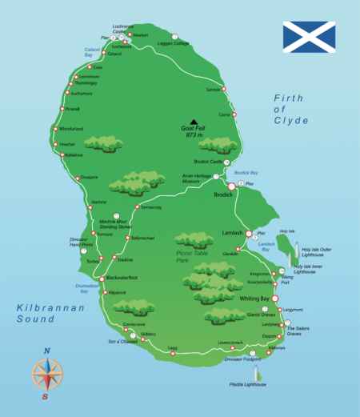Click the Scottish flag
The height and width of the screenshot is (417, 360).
[x=308, y=37]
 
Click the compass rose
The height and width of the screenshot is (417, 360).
[x=46, y=374]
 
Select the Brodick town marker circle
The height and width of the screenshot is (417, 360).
[x=232, y=186]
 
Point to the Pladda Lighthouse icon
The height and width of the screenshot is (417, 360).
[x=258, y=373]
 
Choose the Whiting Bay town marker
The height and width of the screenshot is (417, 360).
[x=276, y=299]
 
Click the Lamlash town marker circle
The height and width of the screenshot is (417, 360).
[x=249, y=234]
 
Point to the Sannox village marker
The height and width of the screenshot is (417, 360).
[x=224, y=88]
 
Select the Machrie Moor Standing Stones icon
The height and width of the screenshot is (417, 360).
[x=118, y=215]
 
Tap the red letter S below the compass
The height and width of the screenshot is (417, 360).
[x=46, y=396]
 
